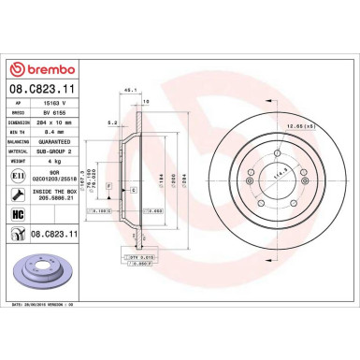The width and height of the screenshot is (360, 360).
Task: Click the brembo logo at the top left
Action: click(49, 69)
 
